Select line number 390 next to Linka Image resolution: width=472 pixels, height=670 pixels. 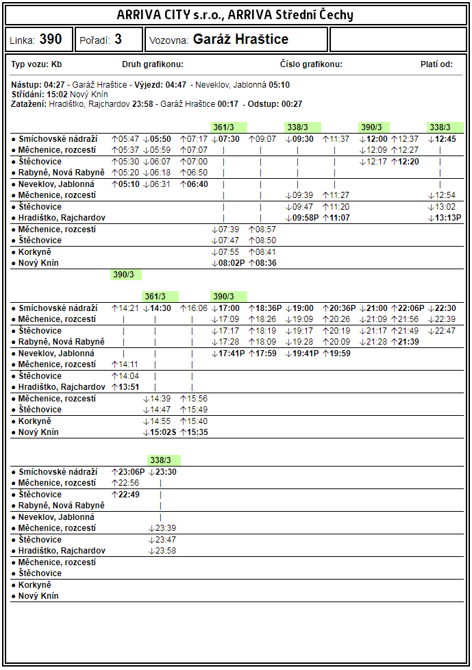[50, 40]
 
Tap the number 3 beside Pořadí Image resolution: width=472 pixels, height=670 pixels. [118, 40]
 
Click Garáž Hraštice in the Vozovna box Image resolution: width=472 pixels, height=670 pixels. [240, 40]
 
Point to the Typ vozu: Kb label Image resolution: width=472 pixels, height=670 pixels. [37, 64]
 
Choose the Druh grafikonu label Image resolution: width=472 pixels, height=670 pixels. [152, 64]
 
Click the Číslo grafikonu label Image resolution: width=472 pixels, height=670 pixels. [311, 64]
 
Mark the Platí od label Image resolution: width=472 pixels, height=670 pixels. [436, 64]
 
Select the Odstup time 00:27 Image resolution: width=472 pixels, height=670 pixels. [292, 104]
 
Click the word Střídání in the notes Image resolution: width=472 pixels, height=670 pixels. [27, 95]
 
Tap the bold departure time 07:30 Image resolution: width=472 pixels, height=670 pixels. [229, 139]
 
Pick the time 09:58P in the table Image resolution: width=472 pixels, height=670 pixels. [301, 218]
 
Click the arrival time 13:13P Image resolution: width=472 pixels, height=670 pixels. [445, 218]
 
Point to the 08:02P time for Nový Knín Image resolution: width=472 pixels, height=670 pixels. [228, 263]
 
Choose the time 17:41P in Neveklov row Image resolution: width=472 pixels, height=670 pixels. [228, 353]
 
